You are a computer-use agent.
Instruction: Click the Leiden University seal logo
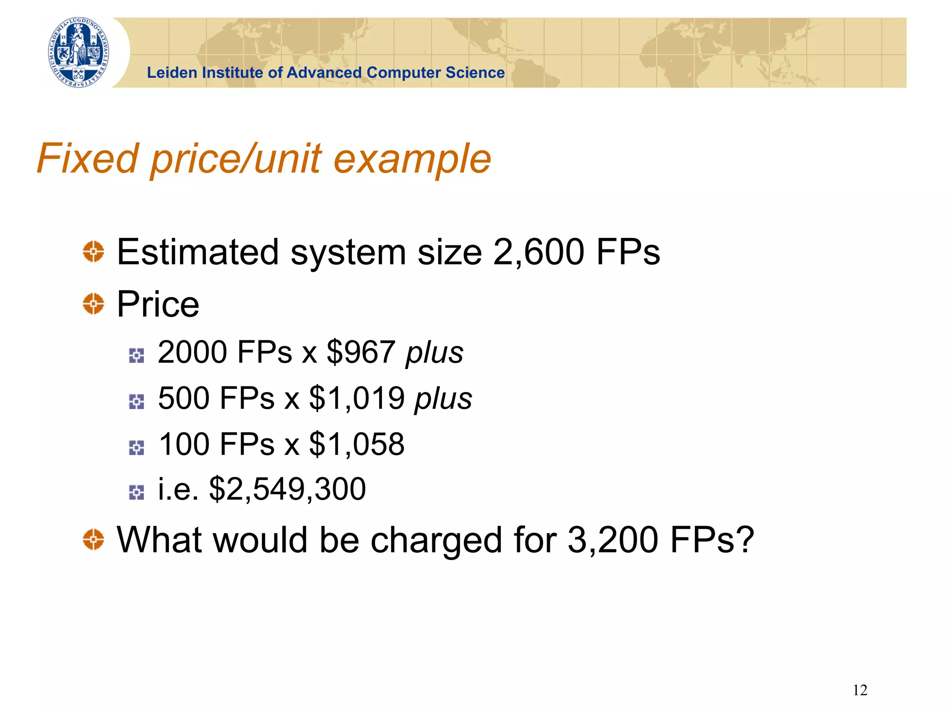click(x=79, y=53)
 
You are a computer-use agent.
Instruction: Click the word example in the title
click(x=412, y=159)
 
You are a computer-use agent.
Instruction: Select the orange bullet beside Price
click(x=94, y=304)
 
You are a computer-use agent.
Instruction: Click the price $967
click(x=361, y=352)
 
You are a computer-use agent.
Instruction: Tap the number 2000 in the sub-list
click(x=192, y=352)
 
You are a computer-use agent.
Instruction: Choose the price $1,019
click(x=357, y=398)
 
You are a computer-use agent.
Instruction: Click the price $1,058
click(x=357, y=444)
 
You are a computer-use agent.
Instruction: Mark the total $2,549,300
click(x=287, y=489)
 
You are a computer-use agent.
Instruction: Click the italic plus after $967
click(x=434, y=353)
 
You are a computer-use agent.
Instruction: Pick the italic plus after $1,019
click(x=443, y=399)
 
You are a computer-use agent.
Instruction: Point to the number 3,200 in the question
click(x=613, y=540)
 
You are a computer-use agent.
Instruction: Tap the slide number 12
click(x=860, y=690)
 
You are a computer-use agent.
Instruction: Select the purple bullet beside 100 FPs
click(x=137, y=448)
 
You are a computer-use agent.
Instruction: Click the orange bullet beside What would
click(x=94, y=540)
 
